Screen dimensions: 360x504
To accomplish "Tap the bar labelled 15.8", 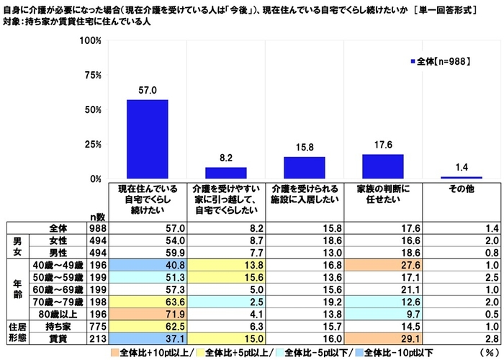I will (304, 168).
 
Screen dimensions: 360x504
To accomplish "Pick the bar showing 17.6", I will (382, 166).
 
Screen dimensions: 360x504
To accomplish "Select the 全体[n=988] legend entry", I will (439, 63).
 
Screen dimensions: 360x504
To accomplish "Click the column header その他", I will (461, 189).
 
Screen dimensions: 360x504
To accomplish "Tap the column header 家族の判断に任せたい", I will (382, 194).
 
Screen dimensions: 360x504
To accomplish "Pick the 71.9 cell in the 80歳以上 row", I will (147, 313).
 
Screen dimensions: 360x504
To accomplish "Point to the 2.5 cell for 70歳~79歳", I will (226, 302).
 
